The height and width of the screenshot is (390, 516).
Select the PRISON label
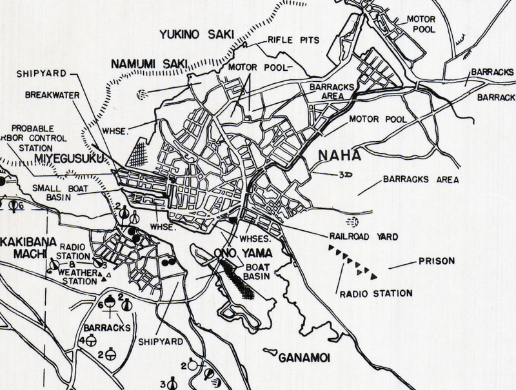437,261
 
